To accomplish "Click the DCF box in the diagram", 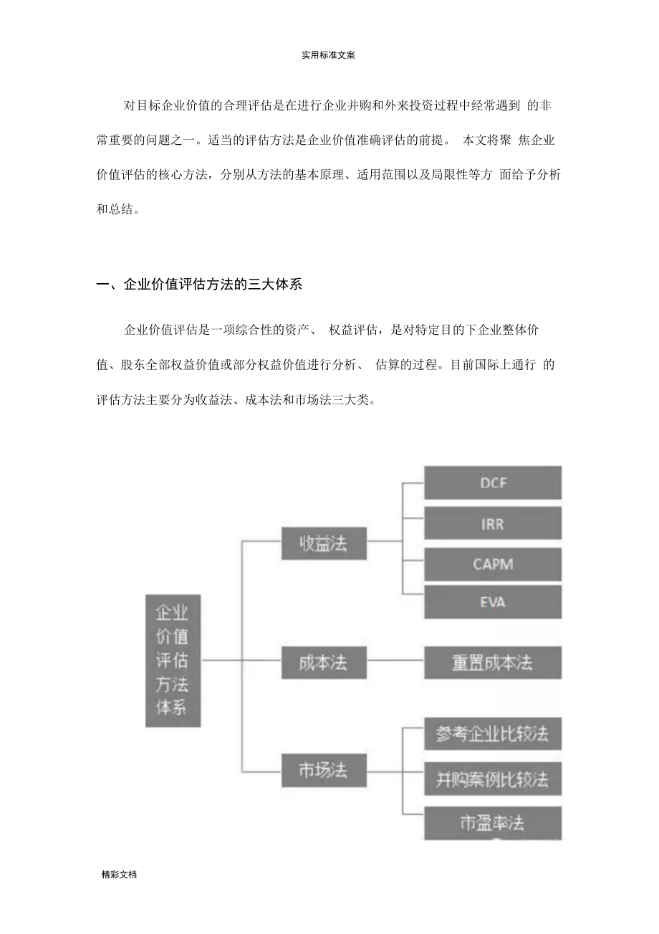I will [492, 483].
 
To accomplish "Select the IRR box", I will [492, 524].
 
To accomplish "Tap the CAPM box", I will [492, 564].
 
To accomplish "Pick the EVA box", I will [492, 602].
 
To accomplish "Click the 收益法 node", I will [324, 543].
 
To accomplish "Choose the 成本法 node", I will [324, 662].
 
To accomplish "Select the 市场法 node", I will [324, 771].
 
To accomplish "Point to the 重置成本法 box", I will [492, 662].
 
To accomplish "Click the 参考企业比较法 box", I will [492, 734].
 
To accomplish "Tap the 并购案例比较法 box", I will [492, 778].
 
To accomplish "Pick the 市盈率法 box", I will [492, 822].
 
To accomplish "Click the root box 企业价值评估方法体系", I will [173, 660].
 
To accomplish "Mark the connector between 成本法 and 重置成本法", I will [395, 662].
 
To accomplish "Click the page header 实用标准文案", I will [329, 55].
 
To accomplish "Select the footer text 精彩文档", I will [119, 875].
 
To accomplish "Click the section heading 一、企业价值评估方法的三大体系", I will [199, 285].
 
